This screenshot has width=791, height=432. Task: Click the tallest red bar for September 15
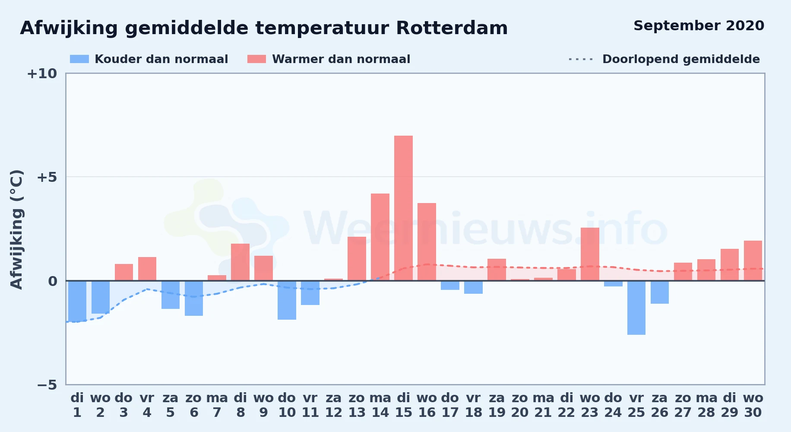coord(403,208)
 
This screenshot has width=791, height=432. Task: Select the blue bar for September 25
coord(636,308)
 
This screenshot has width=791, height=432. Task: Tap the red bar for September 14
coord(380,237)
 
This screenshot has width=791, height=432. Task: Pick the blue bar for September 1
coord(77,301)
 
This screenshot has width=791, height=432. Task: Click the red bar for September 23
coord(590,254)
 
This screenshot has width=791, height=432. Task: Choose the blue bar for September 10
coord(287,300)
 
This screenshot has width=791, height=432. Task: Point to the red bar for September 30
coord(753,260)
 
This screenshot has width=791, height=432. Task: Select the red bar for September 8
coord(240,262)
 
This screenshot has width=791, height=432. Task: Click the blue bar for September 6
coord(194,298)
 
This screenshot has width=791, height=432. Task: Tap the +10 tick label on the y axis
coord(42,73)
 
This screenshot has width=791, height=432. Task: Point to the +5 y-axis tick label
coord(47,177)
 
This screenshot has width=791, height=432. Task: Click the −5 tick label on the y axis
coord(47,384)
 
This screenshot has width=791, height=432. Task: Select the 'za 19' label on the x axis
coord(497,405)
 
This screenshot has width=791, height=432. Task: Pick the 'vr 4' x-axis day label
coord(147,405)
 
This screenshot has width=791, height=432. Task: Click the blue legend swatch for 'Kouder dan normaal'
coord(79,59)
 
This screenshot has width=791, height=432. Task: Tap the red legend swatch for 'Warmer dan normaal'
coord(256,59)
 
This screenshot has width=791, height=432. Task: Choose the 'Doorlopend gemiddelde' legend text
coord(681,59)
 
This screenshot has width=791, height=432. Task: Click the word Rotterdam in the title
coord(452,28)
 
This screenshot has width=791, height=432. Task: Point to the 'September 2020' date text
coord(699,26)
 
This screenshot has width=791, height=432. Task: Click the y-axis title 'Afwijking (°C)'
coord(16,229)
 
